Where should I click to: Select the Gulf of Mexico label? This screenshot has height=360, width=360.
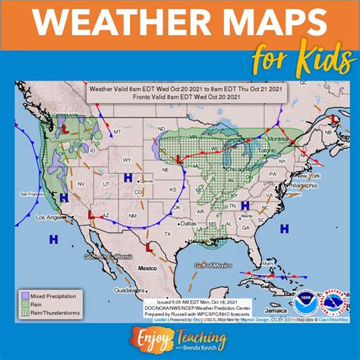(213, 265)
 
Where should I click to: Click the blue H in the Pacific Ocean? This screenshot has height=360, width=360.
(53, 239)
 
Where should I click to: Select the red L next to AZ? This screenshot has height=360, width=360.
(92, 215)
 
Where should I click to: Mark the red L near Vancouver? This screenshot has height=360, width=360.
(65, 130)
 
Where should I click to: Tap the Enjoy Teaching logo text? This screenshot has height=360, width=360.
(180, 336)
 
